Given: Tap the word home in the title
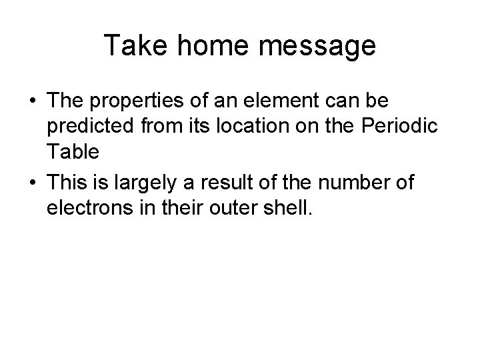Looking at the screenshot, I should point(205,46).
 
